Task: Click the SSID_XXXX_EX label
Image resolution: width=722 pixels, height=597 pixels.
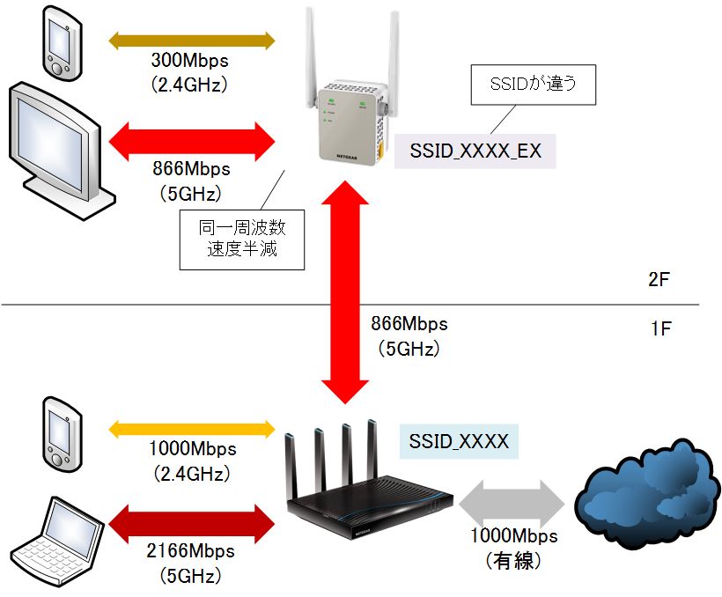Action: (x=475, y=151)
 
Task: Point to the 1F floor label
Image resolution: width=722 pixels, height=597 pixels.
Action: (x=660, y=330)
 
